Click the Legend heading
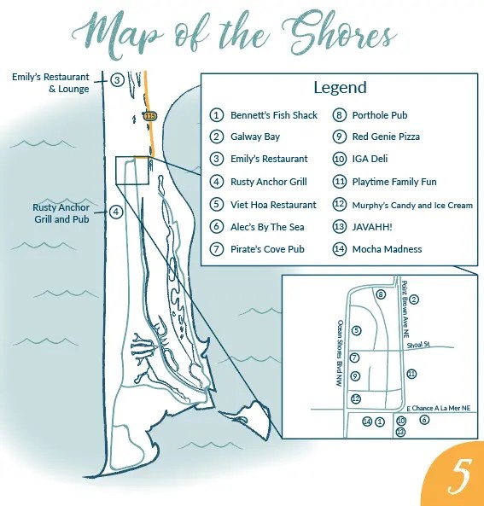(340, 88)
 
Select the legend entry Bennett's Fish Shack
(274, 115)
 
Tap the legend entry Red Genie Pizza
(386, 137)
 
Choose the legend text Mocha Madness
(387, 249)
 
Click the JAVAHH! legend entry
(372, 227)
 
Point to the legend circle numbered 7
(216, 249)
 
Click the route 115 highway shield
(150, 116)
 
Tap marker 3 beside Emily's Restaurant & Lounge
(117, 79)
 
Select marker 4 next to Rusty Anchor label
(116, 212)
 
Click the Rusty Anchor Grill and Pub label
(61, 213)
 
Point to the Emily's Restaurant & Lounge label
(50, 83)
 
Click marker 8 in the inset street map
(381, 294)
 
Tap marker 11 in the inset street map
(411, 374)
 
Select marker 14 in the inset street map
(367, 422)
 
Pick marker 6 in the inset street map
(424, 420)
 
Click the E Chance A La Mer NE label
(439, 408)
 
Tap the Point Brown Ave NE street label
(405, 310)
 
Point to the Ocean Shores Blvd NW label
(340, 353)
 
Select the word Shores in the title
(339, 34)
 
